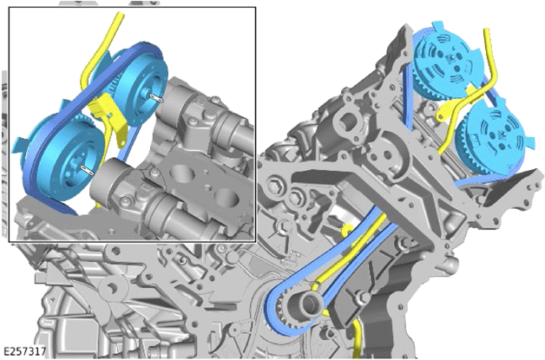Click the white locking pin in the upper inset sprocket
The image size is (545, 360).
(x=155, y=97)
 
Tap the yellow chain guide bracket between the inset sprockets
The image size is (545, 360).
(x=109, y=118)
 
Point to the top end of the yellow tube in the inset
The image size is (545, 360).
(x=121, y=15)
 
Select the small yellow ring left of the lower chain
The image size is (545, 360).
(x=346, y=229)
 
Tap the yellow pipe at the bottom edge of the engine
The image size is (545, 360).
(x=358, y=339)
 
